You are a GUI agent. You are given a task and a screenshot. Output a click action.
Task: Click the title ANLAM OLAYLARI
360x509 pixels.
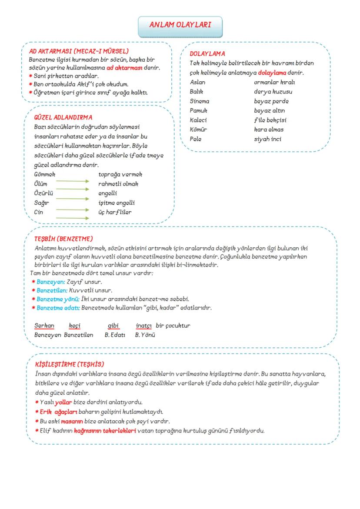tap(180, 25)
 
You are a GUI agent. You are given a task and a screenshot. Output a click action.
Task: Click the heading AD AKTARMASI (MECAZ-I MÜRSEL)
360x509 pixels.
tap(78, 51)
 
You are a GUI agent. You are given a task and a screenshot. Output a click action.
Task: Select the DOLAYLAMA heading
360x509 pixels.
tap(207, 54)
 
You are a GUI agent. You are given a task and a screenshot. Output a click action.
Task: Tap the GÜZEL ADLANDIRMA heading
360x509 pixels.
tap(63, 117)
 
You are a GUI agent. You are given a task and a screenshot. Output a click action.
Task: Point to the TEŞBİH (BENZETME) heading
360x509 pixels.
tap(63, 239)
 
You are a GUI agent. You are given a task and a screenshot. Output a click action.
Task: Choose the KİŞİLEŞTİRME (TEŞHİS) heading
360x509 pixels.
tap(69, 364)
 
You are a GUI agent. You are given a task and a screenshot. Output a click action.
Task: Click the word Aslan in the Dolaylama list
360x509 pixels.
tap(198, 82)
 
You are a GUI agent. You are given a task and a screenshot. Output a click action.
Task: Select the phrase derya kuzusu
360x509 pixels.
tap(273, 92)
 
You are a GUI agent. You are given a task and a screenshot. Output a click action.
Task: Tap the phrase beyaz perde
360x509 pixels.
tap(271, 101)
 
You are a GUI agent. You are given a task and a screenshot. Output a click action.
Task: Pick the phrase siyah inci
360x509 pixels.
tap(267, 139)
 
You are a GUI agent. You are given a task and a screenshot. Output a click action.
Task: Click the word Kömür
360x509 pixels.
tap(198, 130)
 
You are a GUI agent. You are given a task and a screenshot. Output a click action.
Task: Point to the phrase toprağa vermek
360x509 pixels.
tap(120, 174)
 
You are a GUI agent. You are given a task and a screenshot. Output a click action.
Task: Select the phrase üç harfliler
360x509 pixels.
tap(115, 213)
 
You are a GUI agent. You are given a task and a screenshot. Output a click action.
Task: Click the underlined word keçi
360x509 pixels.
tap(75, 326)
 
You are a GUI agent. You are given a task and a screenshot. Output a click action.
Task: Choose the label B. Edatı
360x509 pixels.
tap(115, 335)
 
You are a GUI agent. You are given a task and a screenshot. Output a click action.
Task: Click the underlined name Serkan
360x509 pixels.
tap(44, 326)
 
